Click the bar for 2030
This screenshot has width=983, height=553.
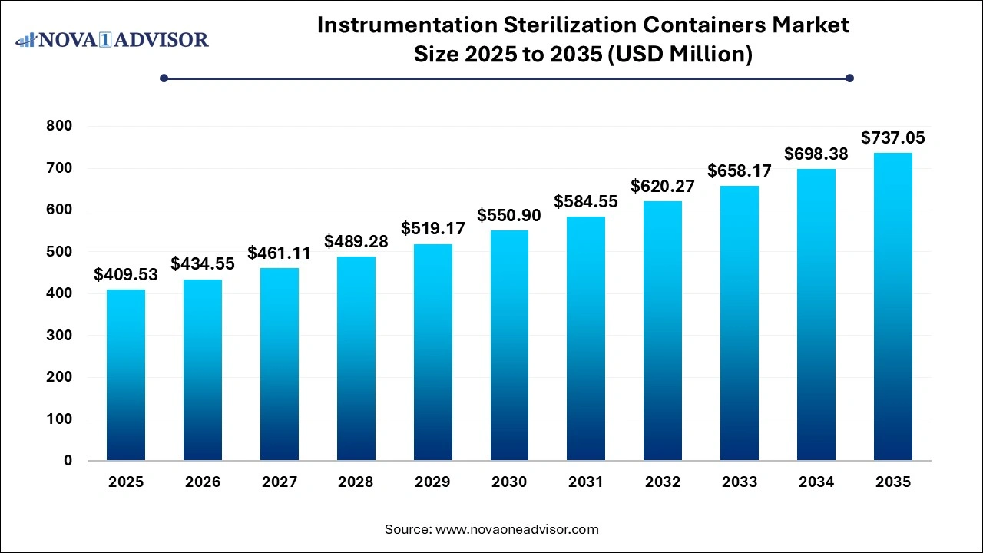(x=509, y=346)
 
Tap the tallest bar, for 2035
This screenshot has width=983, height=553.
(x=892, y=307)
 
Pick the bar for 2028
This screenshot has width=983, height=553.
(x=356, y=358)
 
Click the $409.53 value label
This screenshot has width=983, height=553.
(x=126, y=274)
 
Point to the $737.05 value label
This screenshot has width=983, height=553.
(x=892, y=138)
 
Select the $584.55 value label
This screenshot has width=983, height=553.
(x=586, y=202)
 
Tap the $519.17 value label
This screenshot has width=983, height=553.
(x=432, y=229)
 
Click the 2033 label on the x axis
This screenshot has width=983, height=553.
(x=740, y=482)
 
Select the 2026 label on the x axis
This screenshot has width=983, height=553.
(x=203, y=482)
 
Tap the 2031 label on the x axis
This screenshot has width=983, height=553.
(x=586, y=482)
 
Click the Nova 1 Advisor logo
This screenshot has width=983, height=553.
(x=112, y=39)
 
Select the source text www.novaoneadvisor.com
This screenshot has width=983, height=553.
(x=517, y=529)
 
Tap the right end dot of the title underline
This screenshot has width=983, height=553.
(x=849, y=78)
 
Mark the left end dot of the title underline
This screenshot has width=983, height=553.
(x=164, y=78)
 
